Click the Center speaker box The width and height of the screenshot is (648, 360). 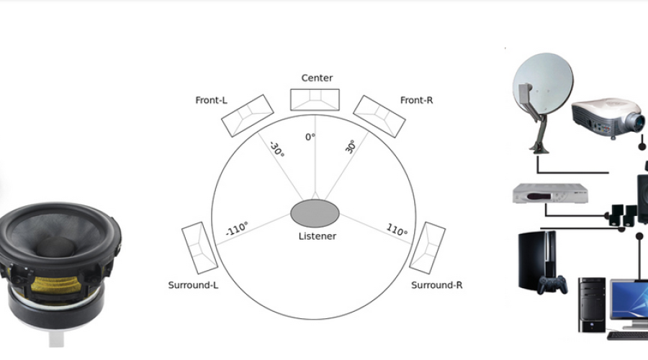click(315, 99)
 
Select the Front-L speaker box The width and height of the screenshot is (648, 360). click(248, 116)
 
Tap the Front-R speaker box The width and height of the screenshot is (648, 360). click(379, 116)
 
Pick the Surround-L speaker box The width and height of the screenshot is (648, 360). click(199, 248)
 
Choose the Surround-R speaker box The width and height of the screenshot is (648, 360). click(427, 248)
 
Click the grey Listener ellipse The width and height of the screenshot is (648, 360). click(315, 213)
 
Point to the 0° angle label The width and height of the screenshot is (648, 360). click(310, 137)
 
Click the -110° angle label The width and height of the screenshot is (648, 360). click(237, 228)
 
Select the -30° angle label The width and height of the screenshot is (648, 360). click(277, 149)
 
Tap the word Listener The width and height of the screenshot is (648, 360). click(318, 236)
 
